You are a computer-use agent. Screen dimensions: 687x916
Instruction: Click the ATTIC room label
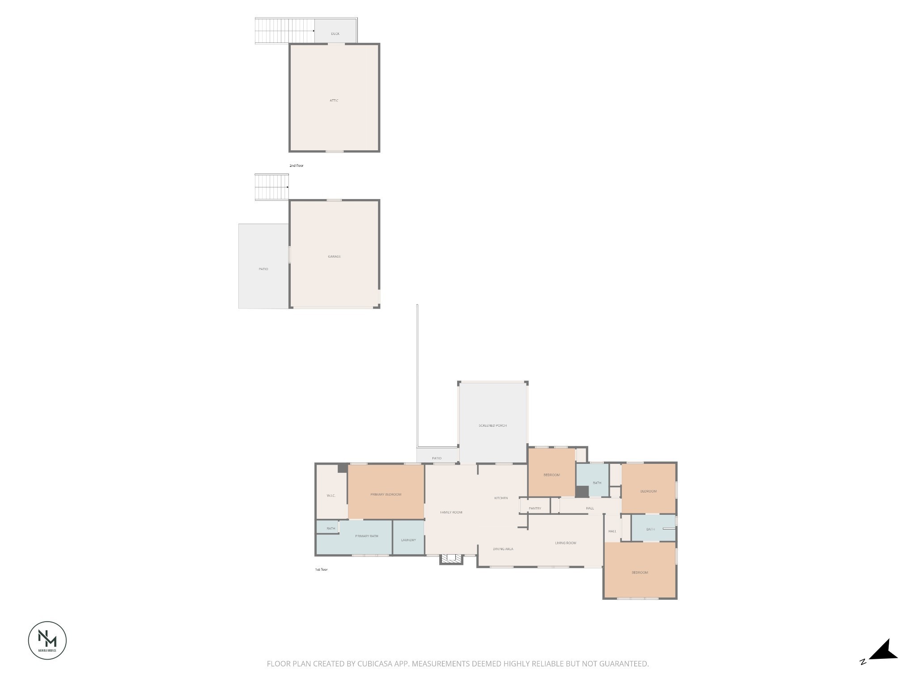pyautogui.click(x=334, y=101)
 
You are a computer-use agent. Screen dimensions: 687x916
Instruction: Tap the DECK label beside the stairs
pyautogui.click(x=335, y=34)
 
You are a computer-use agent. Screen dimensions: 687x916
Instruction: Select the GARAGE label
pyautogui.click(x=334, y=257)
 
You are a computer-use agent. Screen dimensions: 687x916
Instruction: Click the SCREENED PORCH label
pyautogui.click(x=492, y=425)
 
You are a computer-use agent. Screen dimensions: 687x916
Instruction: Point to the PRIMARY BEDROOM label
pyautogui.click(x=386, y=494)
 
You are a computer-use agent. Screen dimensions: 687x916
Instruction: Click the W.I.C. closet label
pyautogui.click(x=331, y=496)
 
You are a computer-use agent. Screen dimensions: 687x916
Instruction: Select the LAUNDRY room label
pyautogui.click(x=408, y=540)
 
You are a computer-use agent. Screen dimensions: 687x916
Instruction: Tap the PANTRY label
pyautogui.click(x=534, y=508)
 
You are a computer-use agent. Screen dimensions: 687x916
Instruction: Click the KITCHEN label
pyautogui.click(x=501, y=498)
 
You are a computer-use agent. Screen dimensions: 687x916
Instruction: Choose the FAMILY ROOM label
pyautogui.click(x=451, y=512)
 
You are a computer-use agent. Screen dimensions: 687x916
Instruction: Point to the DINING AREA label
pyautogui.click(x=503, y=549)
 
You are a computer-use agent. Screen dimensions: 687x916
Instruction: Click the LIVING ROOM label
pyautogui.click(x=565, y=543)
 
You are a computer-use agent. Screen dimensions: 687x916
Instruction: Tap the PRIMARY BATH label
pyautogui.click(x=366, y=536)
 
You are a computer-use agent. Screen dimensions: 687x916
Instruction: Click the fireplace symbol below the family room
pyautogui.click(x=451, y=559)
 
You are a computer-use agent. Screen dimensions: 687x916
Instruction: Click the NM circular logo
pyautogui.click(x=47, y=640)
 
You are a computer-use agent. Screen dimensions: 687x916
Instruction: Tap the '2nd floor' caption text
pyautogui.click(x=296, y=165)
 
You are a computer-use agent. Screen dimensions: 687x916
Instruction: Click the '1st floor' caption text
pyautogui.click(x=321, y=569)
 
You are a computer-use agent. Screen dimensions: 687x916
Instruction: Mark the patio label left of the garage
pyautogui.click(x=263, y=269)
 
